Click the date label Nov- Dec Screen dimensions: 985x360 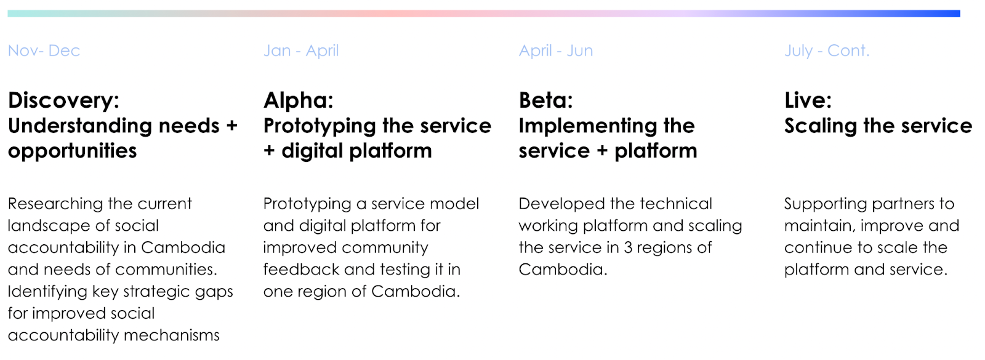(x=44, y=50)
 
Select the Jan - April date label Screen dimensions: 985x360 (x=301, y=51)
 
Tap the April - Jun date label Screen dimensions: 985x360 (x=556, y=51)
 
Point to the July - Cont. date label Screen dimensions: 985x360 (x=827, y=51)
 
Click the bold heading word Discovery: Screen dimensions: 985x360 (x=64, y=101)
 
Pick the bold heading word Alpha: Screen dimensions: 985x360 (x=299, y=101)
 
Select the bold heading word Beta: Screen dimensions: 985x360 (x=546, y=100)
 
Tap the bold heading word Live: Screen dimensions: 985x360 (x=808, y=100)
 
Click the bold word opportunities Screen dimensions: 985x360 (x=73, y=151)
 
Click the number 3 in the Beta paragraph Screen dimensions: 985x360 (x=628, y=248)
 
